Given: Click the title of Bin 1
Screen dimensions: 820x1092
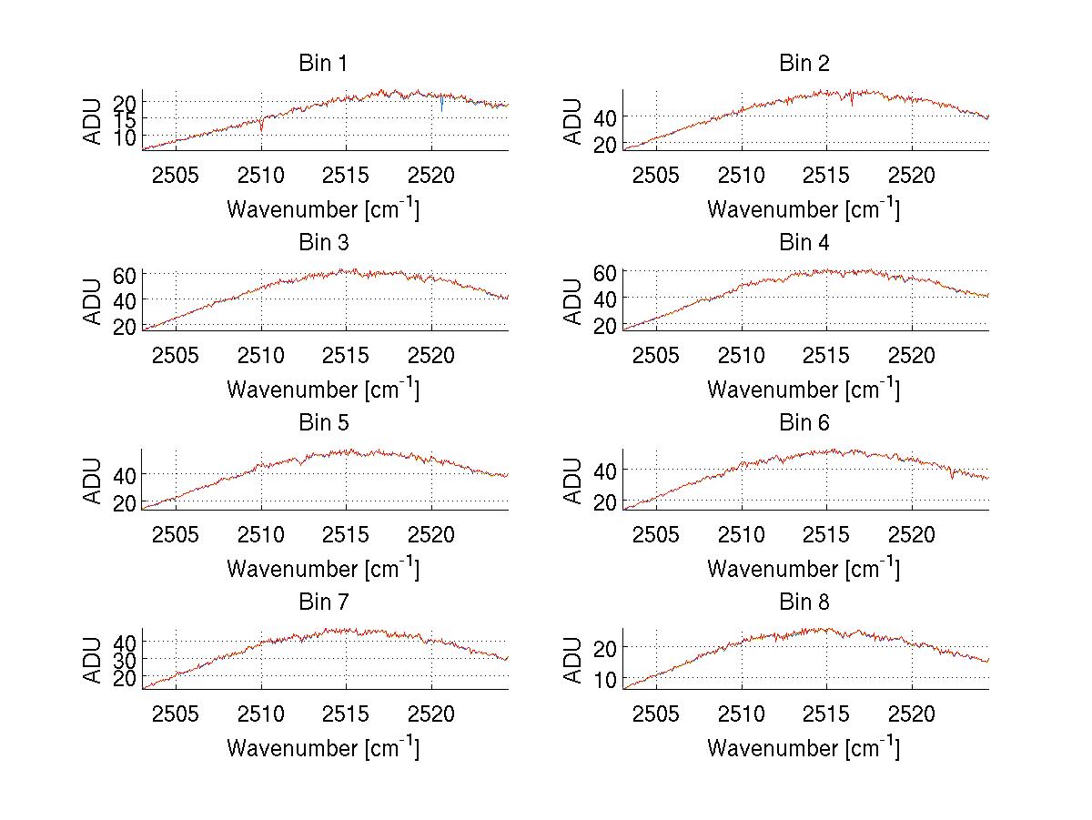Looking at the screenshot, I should [x=323, y=64].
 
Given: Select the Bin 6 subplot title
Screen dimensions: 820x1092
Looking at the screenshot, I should [x=804, y=423].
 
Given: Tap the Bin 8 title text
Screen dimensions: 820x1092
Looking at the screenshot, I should [x=804, y=602].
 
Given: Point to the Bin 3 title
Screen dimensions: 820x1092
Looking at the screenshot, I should [x=323, y=243].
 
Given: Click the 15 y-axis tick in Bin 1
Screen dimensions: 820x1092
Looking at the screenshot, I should [x=126, y=118].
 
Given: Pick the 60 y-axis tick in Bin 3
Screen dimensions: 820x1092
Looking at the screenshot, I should [x=126, y=275].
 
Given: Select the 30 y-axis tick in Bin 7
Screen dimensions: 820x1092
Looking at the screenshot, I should [x=126, y=659].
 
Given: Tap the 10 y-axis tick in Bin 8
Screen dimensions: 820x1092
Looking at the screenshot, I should [x=606, y=680].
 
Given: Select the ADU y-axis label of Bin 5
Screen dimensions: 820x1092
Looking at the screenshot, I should [x=93, y=481].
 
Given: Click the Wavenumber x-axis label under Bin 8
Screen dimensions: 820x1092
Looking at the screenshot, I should [x=804, y=748].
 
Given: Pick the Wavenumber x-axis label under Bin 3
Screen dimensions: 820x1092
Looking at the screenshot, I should [x=323, y=390].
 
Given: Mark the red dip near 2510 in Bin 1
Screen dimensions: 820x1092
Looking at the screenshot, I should [x=262, y=128].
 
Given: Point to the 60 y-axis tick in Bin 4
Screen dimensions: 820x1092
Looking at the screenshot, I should [x=606, y=272].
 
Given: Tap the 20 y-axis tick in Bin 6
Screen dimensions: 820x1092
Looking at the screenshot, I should [x=606, y=502].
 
